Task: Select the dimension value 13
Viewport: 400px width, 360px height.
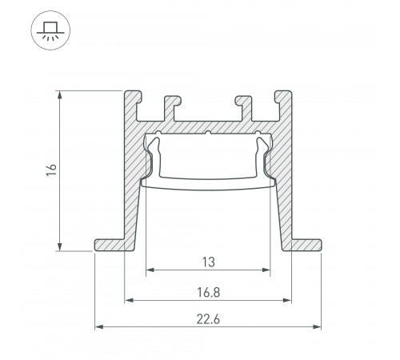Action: [x=208, y=262]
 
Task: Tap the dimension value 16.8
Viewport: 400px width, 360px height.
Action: [x=208, y=293]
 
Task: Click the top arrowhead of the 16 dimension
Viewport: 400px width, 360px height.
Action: [x=62, y=93]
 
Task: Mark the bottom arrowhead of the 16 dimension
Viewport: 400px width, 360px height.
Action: [x=62, y=246]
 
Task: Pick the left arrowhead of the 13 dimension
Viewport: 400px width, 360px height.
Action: [x=149, y=270]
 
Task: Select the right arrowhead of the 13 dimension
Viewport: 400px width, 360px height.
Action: [x=267, y=270]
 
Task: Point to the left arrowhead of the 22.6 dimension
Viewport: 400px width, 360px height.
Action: [x=98, y=326]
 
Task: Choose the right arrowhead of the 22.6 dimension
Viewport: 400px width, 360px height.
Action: [x=318, y=326]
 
